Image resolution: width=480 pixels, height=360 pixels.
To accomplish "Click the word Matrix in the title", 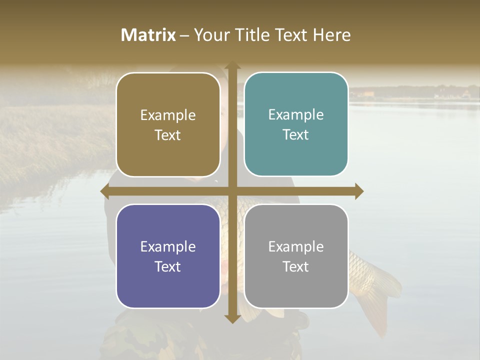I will click(x=148, y=35).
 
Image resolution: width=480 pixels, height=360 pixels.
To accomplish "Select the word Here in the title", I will click(x=332, y=35).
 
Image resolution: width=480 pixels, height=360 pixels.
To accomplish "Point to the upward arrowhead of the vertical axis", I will click(x=232, y=66).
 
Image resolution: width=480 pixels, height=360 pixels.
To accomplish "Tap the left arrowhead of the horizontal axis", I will click(x=105, y=191).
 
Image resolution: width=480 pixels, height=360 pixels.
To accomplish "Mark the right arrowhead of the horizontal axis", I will click(x=359, y=191).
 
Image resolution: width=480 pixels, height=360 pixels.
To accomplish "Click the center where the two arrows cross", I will click(x=232, y=191).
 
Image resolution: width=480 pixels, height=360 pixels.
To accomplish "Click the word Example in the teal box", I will click(x=296, y=115).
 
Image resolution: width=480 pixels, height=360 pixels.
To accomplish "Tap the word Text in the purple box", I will click(x=168, y=266).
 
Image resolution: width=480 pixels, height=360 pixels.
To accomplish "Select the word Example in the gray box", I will click(x=296, y=246).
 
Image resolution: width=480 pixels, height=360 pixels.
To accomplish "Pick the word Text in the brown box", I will click(x=168, y=135).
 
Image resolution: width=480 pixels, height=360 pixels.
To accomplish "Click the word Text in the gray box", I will click(x=296, y=266).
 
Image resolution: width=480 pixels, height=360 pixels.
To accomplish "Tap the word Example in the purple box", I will click(x=168, y=246).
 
